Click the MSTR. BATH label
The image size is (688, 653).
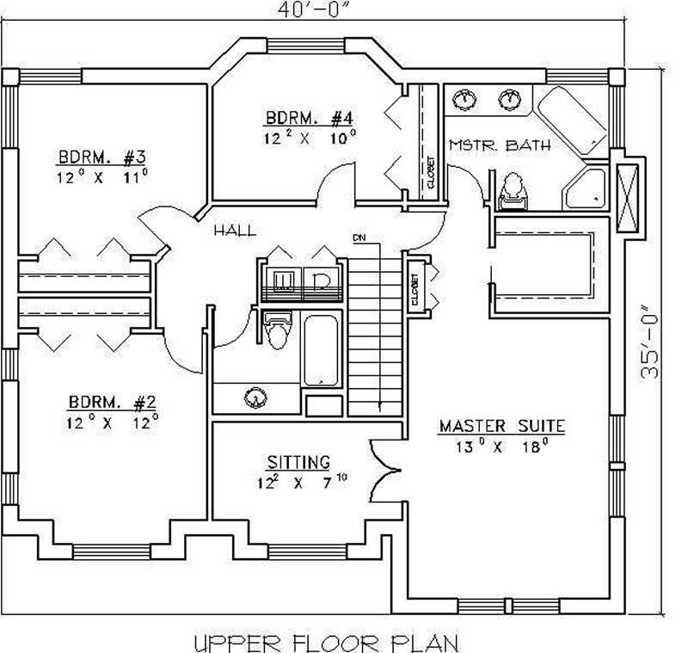(x=500, y=145)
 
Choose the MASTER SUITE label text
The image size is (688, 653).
(x=501, y=425)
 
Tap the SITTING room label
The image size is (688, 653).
(x=298, y=462)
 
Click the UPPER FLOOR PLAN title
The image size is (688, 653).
(x=326, y=640)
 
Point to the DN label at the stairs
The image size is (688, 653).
(x=359, y=237)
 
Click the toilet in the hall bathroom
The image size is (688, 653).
(x=278, y=331)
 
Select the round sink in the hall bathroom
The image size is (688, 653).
(x=255, y=397)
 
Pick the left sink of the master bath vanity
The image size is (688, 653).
(x=465, y=98)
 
